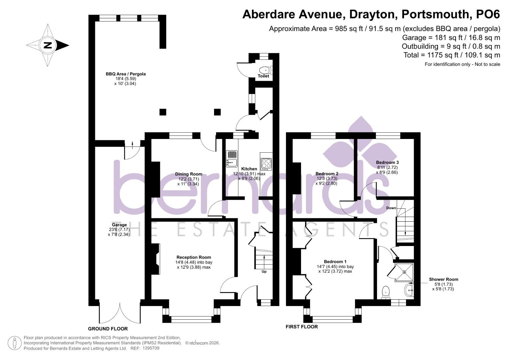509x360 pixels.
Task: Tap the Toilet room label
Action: tap(263, 76)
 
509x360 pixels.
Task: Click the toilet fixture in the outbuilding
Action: tap(265, 70)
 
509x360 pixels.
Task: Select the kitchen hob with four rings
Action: tap(266, 164)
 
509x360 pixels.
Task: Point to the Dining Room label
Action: tap(189, 174)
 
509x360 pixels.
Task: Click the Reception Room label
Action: tap(194, 257)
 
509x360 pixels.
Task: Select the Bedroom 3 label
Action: tap(387, 162)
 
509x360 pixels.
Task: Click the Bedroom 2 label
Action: tap(327, 174)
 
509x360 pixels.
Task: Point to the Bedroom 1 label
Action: tap(335, 262)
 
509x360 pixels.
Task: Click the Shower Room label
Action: tap(443, 279)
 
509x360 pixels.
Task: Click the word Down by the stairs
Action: tap(391, 208)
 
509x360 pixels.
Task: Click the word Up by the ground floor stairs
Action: tap(264, 271)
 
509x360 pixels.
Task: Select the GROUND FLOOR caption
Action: tap(108, 329)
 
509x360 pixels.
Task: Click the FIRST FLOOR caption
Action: tap(302, 327)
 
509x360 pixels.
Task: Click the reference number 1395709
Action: tap(151, 348)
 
